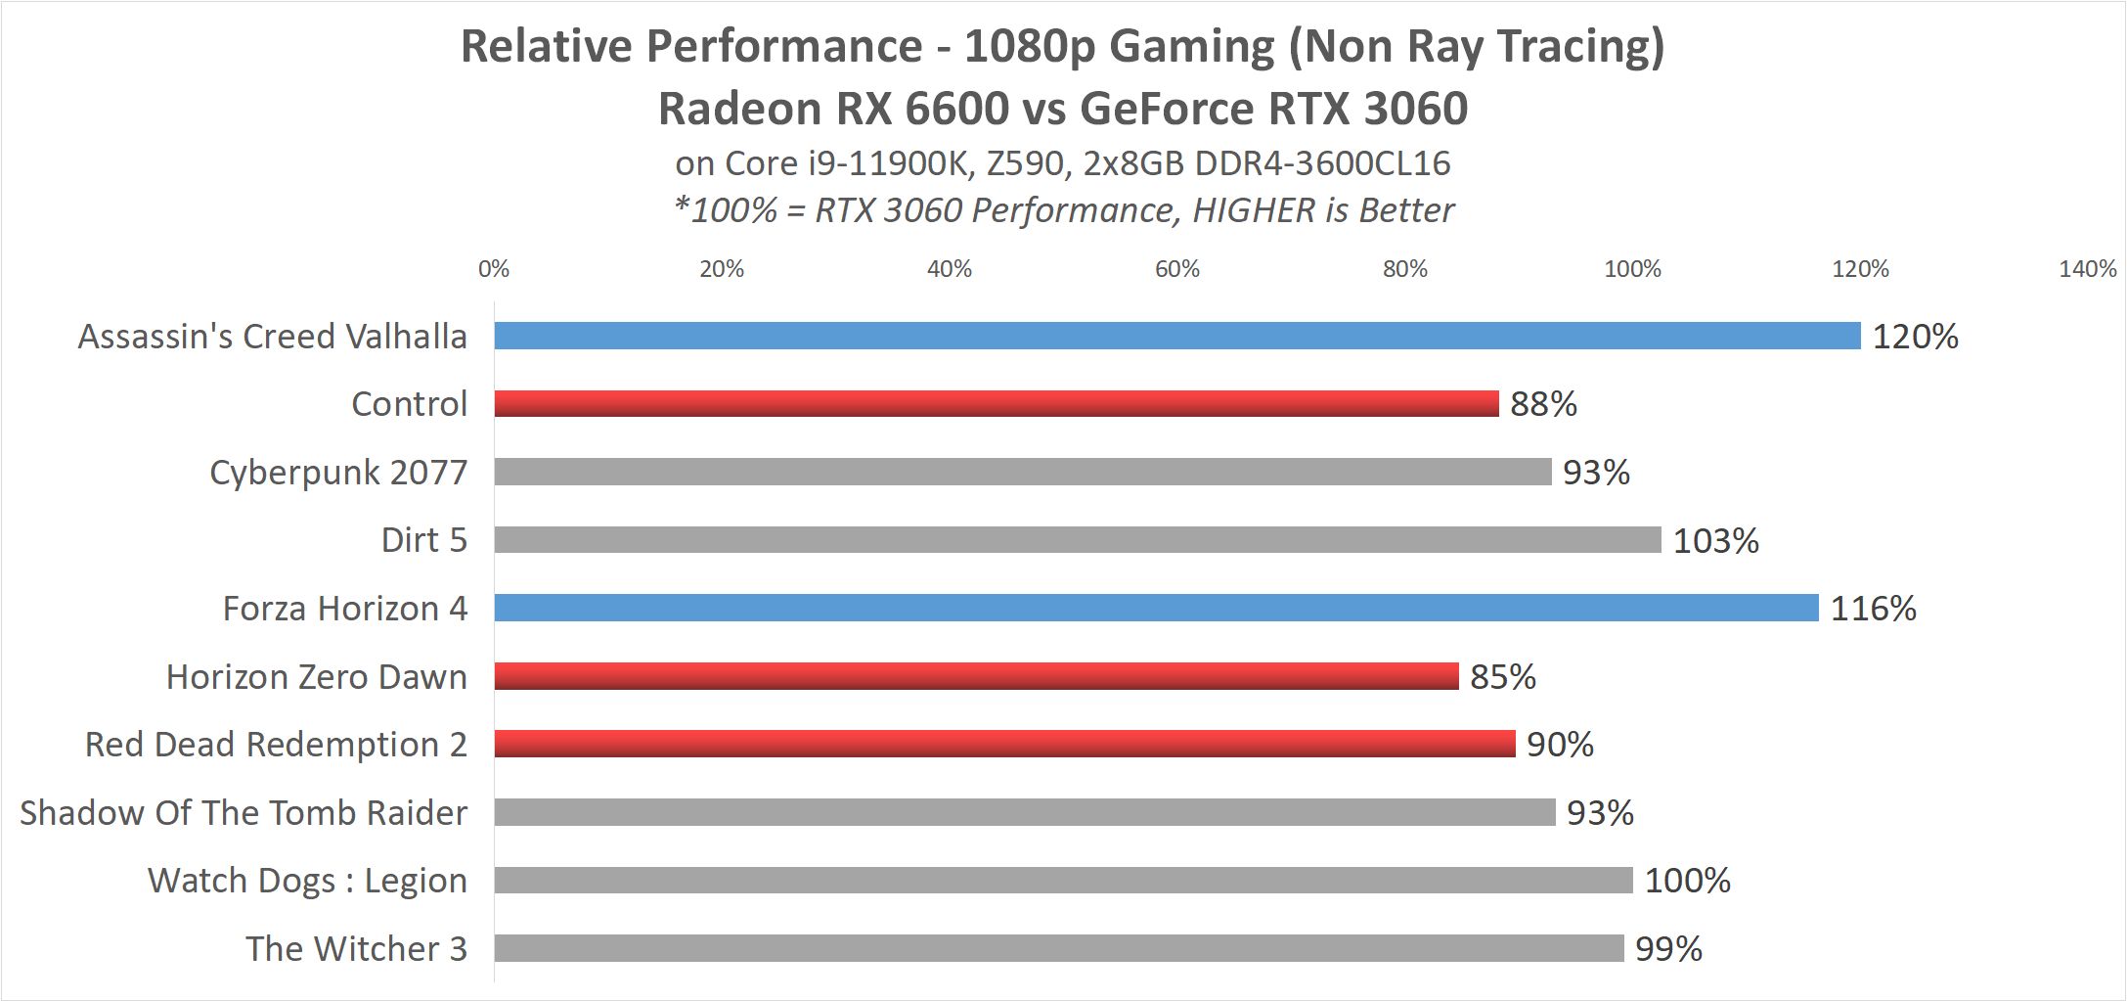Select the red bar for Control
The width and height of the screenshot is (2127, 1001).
(996, 403)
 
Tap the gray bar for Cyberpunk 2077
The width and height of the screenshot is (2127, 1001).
(1022, 472)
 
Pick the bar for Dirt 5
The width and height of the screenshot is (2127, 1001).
(1077, 539)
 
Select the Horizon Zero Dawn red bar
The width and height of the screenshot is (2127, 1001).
(976, 676)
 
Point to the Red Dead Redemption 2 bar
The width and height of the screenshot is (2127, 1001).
(1004, 744)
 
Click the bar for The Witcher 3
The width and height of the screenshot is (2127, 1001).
(1058, 948)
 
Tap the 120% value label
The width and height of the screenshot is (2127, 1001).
(1915, 337)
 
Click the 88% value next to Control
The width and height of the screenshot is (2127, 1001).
(1543, 404)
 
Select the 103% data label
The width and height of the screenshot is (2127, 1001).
(1715, 540)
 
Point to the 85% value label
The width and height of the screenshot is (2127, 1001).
(1503, 677)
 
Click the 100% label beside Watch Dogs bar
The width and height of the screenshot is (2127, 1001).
(1687, 881)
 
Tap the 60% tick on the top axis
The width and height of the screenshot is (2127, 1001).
(1176, 269)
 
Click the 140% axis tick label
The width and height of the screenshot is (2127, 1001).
(2087, 269)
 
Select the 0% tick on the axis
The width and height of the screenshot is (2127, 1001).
(494, 269)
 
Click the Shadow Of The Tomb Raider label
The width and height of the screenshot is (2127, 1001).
(244, 813)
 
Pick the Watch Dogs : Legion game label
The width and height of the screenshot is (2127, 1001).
(307, 881)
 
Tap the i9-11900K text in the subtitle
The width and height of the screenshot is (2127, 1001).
(888, 163)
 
